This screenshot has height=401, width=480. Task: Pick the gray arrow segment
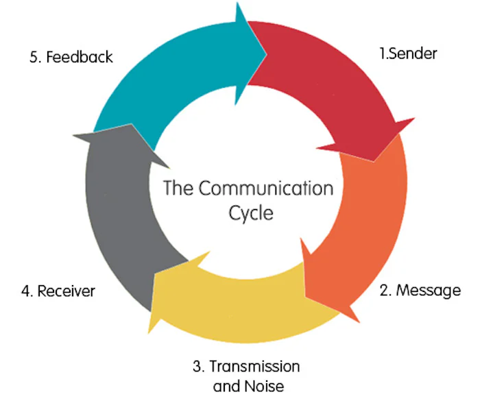117,219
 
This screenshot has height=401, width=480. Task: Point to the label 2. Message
420,290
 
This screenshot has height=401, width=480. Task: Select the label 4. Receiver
58,291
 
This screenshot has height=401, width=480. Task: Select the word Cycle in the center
250,212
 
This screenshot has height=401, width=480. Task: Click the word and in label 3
226,385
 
